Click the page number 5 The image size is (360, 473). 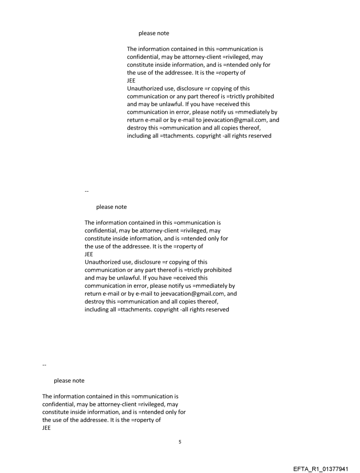pyautogui.click(x=180, y=441)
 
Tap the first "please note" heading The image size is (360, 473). pyautogui.click(x=154, y=33)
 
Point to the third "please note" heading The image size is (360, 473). pyautogui.click(x=69, y=380)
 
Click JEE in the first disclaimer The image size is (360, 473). pyautogui.click(x=131, y=81)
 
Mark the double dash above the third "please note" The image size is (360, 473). pyautogui.click(x=44, y=365)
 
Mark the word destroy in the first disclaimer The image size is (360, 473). pyautogui.click(x=137, y=128)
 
